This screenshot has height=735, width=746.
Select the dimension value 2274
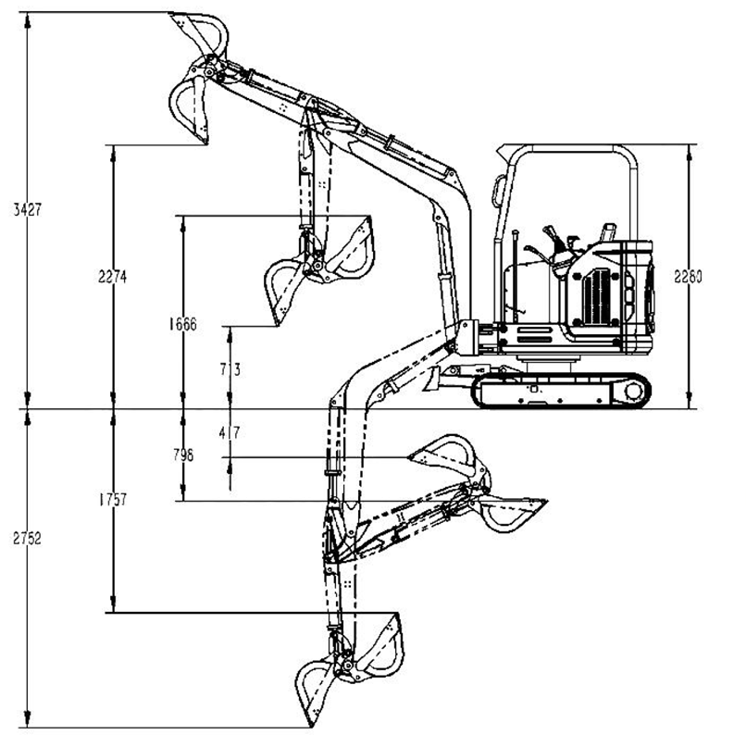(113, 276)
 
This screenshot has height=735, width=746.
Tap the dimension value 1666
(182, 325)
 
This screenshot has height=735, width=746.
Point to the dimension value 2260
(689, 276)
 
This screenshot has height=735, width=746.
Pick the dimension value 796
(183, 455)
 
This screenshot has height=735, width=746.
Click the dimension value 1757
(113, 500)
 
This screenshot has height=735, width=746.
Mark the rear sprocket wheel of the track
(632, 391)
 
